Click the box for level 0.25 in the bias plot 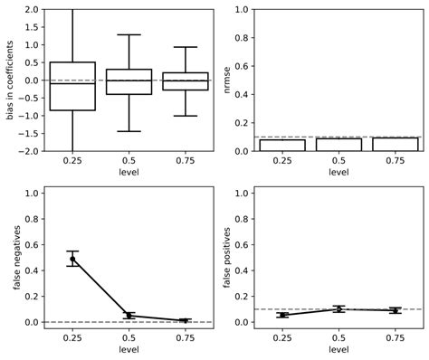pyautogui.click(x=72, y=86)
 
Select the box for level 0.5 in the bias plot pyautogui.click(x=129, y=81)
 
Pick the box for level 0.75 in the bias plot pyautogui.click(x=185, y=81)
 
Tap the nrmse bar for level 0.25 pyautogui.click(x=281, y=145)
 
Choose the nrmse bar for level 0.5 pyautogui.click(x=338, y=145)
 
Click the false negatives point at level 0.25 pyautogui.click(x=72, y=259)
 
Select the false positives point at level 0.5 pyautogui.click(x=338, y=309)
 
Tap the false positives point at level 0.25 pyautogui.click(x=281, y=315)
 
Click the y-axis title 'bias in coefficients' pyautogui.click(x=10, y=80)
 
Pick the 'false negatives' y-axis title pyautogui.click(x=17, y=257)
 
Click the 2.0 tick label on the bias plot pyautogui.click(x=30, y=9)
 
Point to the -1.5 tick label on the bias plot pyautogui.click(x=27, y=133)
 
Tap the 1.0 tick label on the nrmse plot pyautogui.click(x=241, y=9)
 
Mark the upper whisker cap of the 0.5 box pyautogui.click(x=129, y=34)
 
